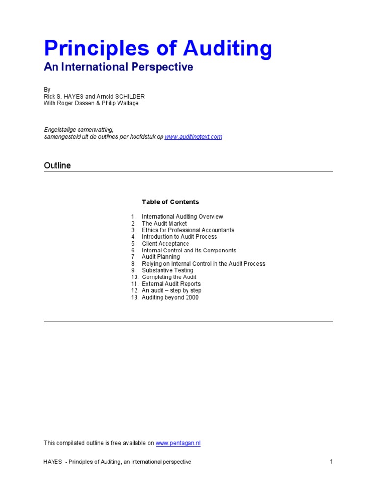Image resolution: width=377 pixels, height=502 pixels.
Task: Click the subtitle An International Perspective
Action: coord(118,67)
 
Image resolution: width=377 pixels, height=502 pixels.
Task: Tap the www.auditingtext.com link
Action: coord(193,137)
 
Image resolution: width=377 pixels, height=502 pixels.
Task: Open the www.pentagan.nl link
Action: coord(178,443)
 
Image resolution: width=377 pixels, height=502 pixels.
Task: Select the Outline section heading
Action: coord(57,165)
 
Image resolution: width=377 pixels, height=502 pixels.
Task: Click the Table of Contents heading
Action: coord(170,202)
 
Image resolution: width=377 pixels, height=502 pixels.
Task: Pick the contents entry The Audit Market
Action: coord(164,224)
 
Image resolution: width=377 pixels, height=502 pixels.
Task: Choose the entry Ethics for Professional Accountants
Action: coord(188,230)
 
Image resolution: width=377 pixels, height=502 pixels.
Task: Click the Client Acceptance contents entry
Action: coord(165,244)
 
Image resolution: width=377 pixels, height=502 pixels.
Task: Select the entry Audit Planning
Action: coord(161,257)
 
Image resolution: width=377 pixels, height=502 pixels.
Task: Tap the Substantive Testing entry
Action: coord(168,270)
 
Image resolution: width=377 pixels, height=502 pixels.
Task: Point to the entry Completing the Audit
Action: coord(169,277)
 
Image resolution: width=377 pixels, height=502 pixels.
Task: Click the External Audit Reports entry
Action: coord(171,284)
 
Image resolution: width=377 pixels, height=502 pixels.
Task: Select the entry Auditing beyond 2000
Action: coord(170,297)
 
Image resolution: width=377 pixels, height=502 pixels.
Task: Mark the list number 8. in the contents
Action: coord(133,264)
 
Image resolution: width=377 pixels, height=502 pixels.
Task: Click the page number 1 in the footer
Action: coord(331,462)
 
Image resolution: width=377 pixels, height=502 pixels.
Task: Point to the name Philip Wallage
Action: coord(121,103)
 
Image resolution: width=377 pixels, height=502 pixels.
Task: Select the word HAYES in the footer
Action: coord(53,462)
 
